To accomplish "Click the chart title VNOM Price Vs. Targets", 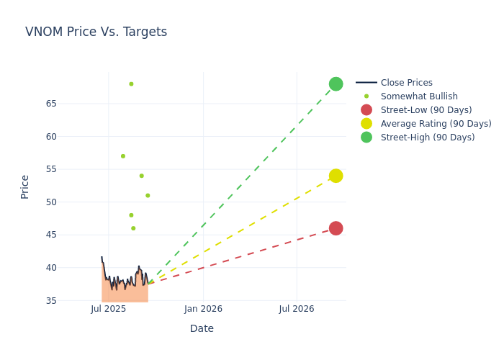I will pos(96,32).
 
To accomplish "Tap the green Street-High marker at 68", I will pos(336,84).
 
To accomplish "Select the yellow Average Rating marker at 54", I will pos(336,176).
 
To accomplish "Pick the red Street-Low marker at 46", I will pos(336,228).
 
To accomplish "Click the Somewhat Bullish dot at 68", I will pos(131,84).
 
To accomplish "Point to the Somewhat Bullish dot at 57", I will pos(123,156).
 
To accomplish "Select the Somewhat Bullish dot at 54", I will pos(142,176).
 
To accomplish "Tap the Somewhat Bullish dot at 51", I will pos(148,195).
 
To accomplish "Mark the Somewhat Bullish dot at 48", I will pos(131,215).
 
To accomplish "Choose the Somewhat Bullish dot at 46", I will pos(133,228).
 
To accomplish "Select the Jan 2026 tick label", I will pos(203,309).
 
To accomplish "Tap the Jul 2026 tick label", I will pos(297,309).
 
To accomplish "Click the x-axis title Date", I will pos(202,328).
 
